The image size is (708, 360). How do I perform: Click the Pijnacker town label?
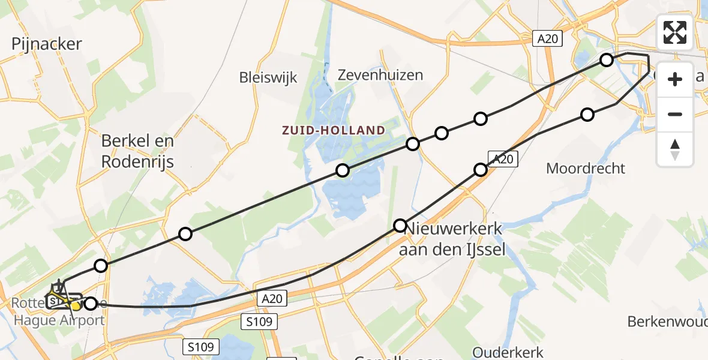click(x=46, y=43)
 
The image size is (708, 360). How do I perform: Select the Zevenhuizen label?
click(x=380, y=75)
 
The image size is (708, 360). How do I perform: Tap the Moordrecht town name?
click(x=585, y=168)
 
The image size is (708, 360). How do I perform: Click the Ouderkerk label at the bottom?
click(x=508, y=352)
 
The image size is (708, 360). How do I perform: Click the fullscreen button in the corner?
click(x=675, y=32)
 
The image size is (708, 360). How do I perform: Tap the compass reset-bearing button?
click(x=675, y=149)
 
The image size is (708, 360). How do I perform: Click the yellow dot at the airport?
click(x=76, y=307)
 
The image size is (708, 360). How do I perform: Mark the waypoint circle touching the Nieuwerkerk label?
click(x=400, y=226)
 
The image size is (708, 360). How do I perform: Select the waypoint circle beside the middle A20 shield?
click(x=481, y=170)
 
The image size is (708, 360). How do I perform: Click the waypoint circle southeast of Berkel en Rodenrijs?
click(x=185, y=234)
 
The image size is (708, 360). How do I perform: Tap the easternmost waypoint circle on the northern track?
click(x=607, y=59)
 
